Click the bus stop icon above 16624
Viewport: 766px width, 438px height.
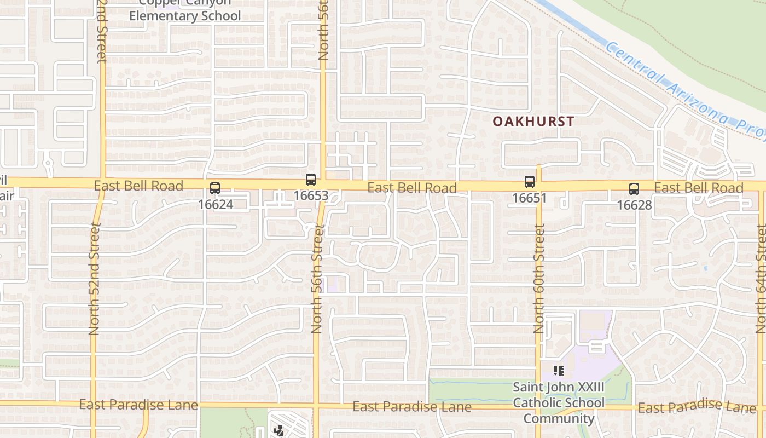[x=215, y=188]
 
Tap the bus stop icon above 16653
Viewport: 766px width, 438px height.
[x=311, y=180]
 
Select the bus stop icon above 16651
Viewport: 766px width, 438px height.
[x=529, y=182]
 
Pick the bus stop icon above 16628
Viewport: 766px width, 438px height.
[x=634, y=189]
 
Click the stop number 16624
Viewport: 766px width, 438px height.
[x=215, y=204]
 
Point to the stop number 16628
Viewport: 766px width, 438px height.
[x=634, y=205]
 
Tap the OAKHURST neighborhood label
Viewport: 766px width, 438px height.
[x=533, y=122]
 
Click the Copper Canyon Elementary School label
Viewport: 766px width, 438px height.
[x=184, y=11]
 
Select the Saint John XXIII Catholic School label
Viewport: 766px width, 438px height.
[x=558, y=403]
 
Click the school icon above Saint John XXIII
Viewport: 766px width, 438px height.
[x=558, y=371]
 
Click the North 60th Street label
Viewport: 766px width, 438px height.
[x=539, y=279]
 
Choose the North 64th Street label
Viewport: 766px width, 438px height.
[x=761, y=279]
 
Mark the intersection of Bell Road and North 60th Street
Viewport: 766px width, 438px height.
[x=538, y=186]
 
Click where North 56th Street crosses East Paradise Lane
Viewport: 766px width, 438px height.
[x=316, y=406]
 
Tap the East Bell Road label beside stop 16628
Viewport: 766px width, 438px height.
[x=698, y=188]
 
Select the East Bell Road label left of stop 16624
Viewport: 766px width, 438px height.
[x=138, y=186]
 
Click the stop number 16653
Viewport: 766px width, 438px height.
[x=311, y=195]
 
